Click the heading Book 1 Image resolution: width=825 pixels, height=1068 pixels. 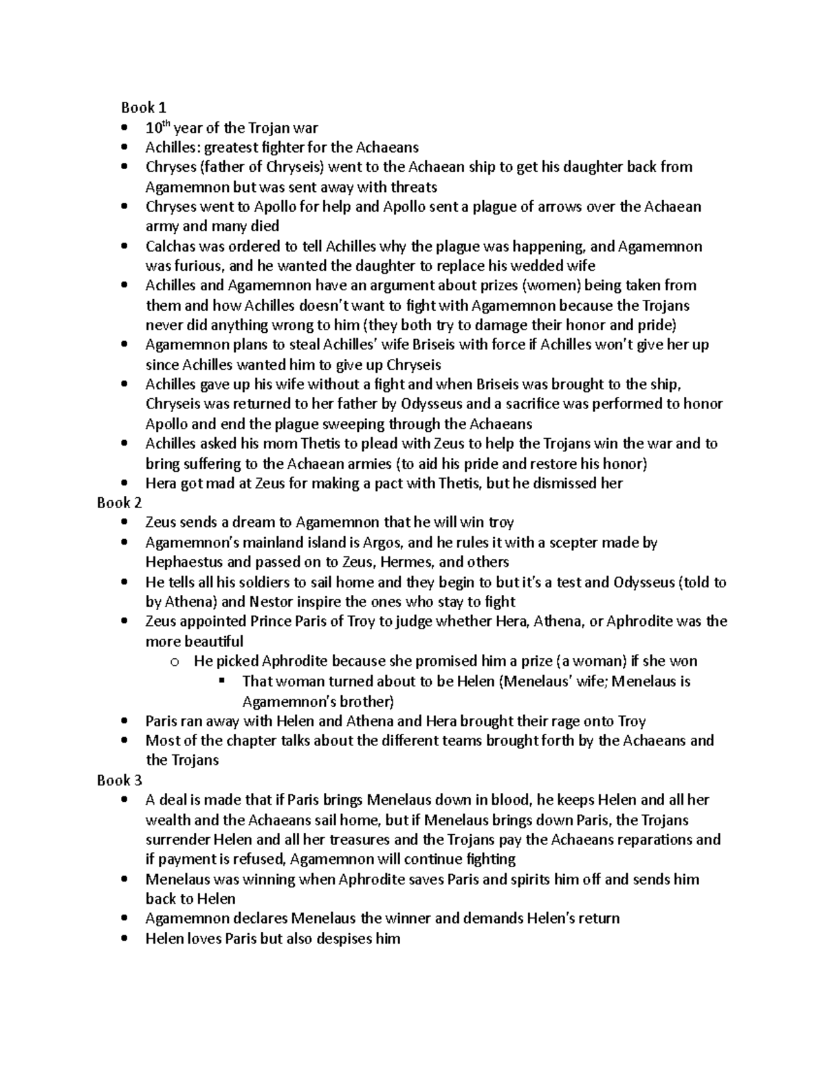pyautogui.click(x=144, y=107)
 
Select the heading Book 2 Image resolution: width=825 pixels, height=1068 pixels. pyautogui.click(x=119, y=503)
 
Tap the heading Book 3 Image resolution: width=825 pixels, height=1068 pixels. pyautogui.click(x=119, y=780)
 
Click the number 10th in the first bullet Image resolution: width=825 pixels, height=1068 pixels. pyautogui.click(x=157, y=127)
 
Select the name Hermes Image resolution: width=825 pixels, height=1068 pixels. pyautogui.click(x=406, y=562)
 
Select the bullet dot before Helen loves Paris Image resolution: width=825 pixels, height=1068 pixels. pyautogui.click(x=124, y=939)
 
